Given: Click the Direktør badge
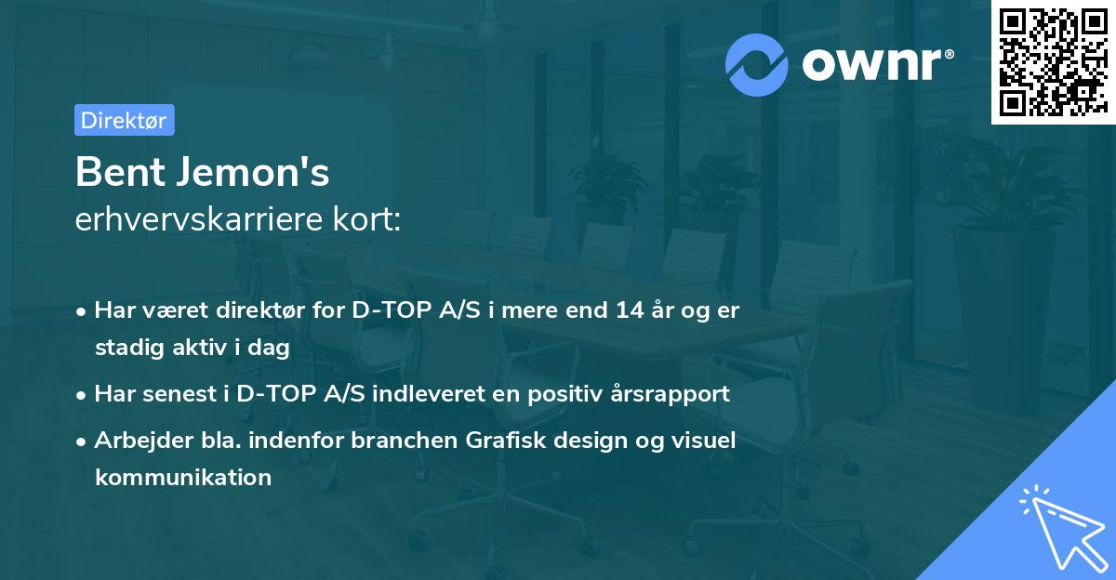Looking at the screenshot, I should (x=124, y=120).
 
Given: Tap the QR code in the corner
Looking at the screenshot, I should (x=1052, y=62).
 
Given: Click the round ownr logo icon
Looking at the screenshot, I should (x=757, y=65).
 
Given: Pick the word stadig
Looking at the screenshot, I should (x=126, y=349).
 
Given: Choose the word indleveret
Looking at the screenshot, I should (x=432, y=394).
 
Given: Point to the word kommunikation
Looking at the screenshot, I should (x=182, y=478).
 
